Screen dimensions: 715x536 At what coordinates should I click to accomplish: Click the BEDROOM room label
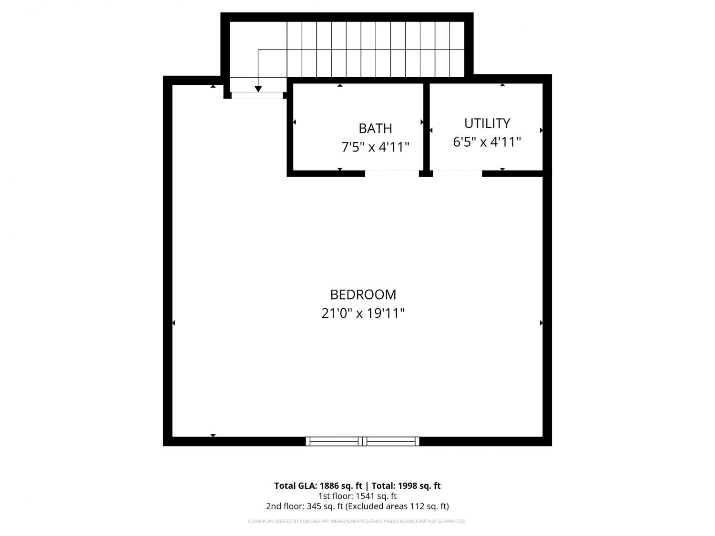[x=363, y=294]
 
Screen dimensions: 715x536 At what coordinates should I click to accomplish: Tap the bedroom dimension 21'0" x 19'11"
[x=363, y=313]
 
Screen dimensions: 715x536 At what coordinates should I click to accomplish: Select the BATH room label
[x=375, y=129]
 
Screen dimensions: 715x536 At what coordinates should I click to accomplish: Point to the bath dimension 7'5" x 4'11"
[x=375, y=147]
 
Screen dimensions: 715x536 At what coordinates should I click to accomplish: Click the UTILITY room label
[x=487, y=123]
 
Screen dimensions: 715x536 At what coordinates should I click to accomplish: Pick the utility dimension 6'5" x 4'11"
[x=487, y=142]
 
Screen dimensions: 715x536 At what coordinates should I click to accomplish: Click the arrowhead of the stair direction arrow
[x=258, y=89]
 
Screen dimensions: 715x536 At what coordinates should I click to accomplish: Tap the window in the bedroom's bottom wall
[x=362, y=441]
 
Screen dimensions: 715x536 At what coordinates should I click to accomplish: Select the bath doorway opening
[x=391, y=173]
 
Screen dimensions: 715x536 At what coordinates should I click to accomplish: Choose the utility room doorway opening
[x=457, y=173]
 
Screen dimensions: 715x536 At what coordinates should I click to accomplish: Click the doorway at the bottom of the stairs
[x=257, y=95]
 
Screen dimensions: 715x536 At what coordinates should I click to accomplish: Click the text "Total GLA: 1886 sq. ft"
[x=318, y=486]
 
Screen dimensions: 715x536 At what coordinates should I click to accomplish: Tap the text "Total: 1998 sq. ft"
[x=406, y=486]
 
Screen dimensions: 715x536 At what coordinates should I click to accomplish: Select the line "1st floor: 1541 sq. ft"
[x=357, y=496]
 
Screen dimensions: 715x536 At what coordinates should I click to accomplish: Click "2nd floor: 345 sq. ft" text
[x=305, y=506]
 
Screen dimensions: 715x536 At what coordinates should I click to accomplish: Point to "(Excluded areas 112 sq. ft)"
[x=397, y=506]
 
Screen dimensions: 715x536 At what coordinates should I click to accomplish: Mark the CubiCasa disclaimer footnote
[x=357, y=521]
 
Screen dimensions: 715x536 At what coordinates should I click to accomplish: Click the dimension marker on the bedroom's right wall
[x=541, y=323]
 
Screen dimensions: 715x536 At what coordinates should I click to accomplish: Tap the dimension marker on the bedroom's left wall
[x=174, y=323]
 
